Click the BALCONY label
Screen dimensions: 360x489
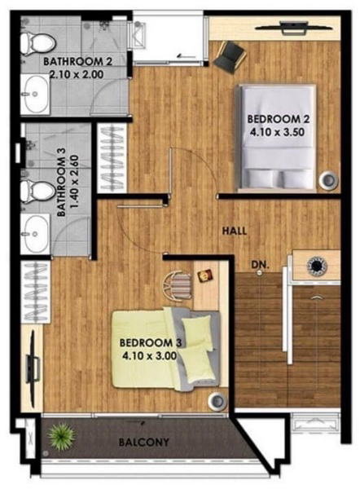tap(143, 442)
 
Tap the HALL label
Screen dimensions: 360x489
tap(235, 231)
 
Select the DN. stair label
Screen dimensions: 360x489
tap(260, 265)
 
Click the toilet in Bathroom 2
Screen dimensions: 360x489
tap(38, 44)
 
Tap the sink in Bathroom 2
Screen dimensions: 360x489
tap(35, 94)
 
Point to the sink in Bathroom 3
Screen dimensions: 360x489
tap(35, 233)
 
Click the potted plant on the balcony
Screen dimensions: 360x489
tap(61, 435)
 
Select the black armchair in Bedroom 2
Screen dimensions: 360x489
tap(230, 57)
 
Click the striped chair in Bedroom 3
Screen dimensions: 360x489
tap(177, 286)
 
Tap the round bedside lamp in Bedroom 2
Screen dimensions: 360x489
tap(328, 180)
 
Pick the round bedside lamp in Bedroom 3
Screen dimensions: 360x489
tap(217, 401)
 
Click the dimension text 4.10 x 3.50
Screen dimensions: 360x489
tap(277, 132)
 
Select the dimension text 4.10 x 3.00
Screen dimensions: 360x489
tap(150, 355)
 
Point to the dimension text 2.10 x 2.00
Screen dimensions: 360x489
tap(77, 74)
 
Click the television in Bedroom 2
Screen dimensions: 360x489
tap(294, 28)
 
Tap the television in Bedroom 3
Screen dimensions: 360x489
tap(33, 367)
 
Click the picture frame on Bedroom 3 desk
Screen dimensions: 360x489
tap(205, 276)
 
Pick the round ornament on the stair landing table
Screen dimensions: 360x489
tap(317, 266)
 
